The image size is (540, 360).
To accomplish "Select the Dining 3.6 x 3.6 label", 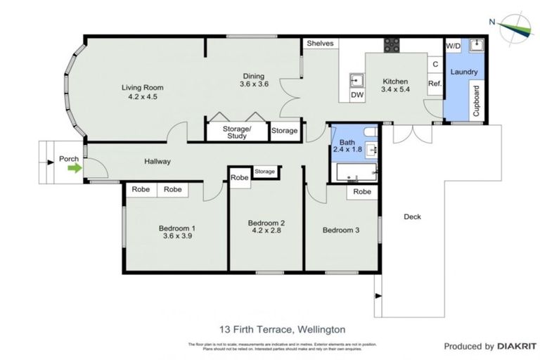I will coord(254,79).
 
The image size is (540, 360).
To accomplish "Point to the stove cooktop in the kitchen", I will coord(391,45).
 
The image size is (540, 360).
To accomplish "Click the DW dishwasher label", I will coord(356,94).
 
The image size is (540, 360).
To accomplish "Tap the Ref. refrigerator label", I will coord(435,84).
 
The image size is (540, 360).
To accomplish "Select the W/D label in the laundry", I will coord(454,47).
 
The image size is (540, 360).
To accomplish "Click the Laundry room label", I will coord(464,72).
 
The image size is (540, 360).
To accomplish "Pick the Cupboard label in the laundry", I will coord(476,101).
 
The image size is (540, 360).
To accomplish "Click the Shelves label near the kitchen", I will coord(320,44).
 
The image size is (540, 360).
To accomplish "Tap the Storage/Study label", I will coord(236,133).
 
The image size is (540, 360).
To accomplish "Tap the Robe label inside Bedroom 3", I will coord(362,192).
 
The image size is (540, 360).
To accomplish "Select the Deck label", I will coord(412,217).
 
